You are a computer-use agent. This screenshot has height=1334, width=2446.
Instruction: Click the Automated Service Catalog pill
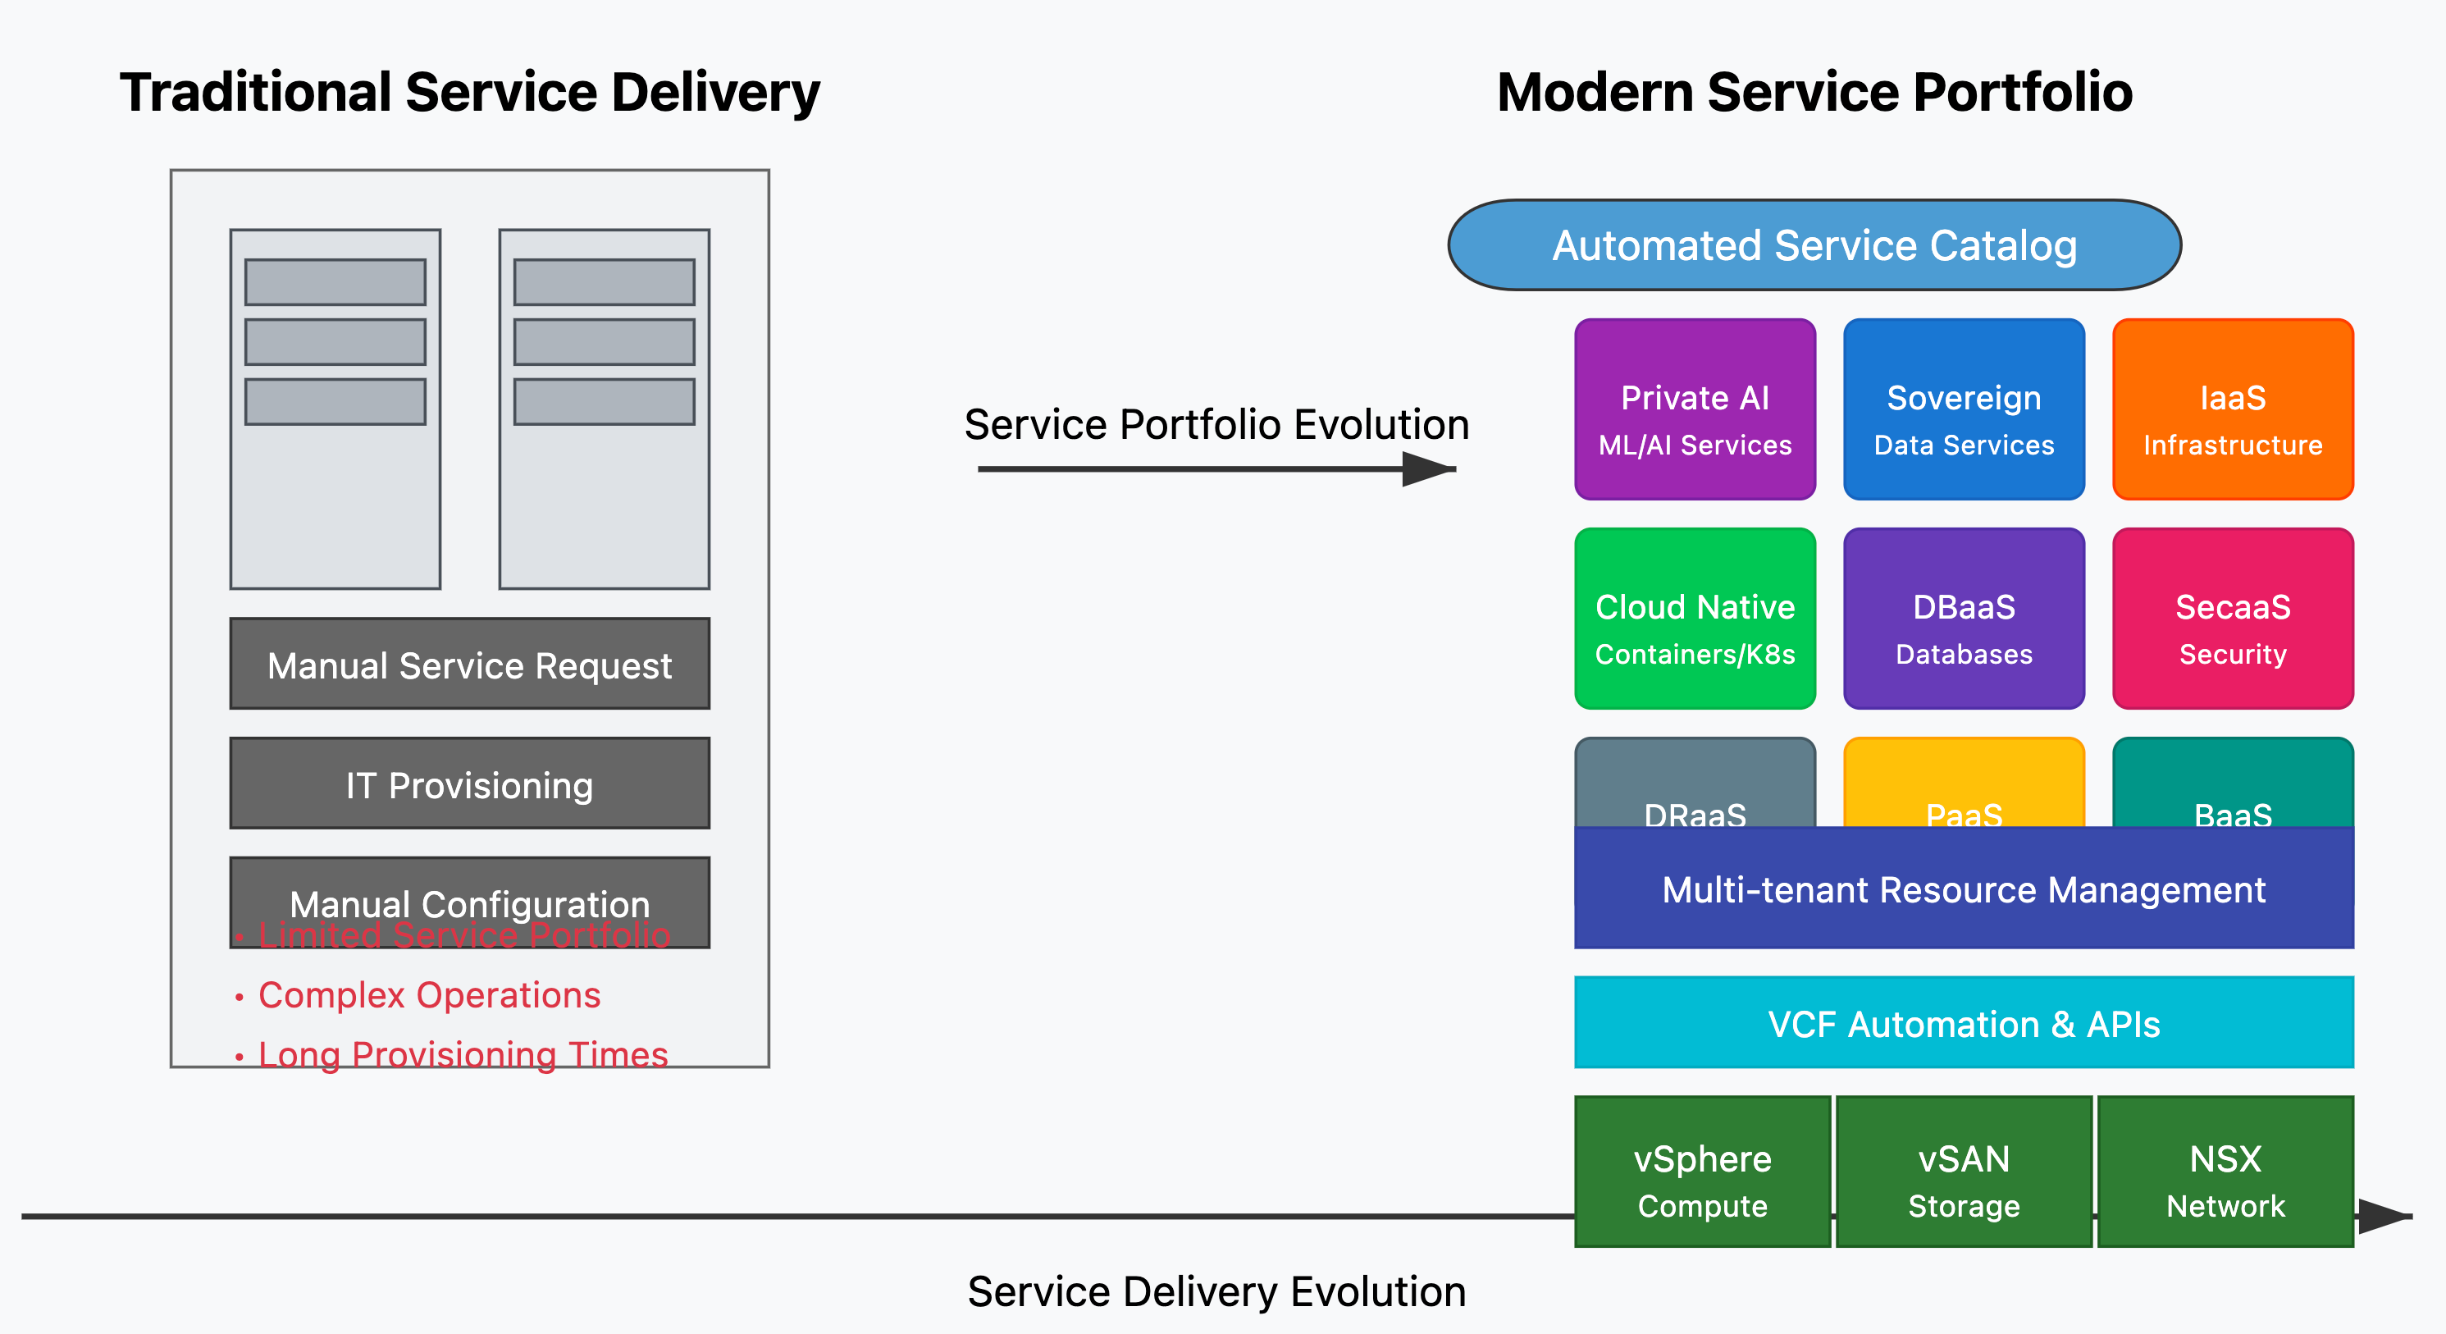(1814, 245)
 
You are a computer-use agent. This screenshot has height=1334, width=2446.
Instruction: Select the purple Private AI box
(1695, 409)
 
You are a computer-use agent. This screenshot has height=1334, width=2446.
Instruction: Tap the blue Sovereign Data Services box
(1964, 409)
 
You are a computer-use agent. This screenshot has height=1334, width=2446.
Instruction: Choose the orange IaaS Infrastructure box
(2233, 409)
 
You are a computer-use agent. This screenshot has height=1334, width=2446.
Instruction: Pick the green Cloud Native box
(1695, 618)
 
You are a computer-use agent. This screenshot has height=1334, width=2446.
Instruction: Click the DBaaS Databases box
(1964, 618)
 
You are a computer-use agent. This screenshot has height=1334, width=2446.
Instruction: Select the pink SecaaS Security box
(2233, 618)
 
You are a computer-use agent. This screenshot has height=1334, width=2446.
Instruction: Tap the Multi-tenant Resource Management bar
(1964, 889)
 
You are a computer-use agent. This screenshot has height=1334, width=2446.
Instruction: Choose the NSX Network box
(2225, 1172)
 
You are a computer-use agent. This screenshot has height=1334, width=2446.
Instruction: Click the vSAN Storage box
(1964, 1172)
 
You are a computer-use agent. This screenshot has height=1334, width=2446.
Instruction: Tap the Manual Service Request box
(469, 664)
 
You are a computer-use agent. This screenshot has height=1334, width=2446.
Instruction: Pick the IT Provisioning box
(469, 783)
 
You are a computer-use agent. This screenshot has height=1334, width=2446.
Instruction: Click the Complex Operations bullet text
(429, 995)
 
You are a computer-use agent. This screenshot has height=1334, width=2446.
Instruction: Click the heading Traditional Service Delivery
(469, 92)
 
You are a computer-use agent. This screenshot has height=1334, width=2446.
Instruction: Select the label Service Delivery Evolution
(1216, 1291)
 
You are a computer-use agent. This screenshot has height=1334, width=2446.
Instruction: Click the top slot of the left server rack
(335, 282)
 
